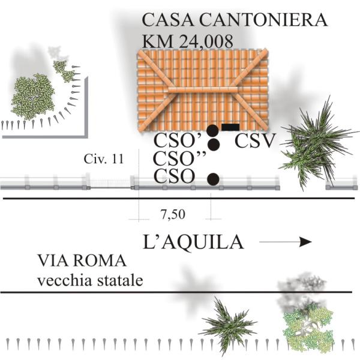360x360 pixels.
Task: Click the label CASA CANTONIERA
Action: pos(235,20)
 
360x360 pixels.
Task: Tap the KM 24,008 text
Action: pos(187,41)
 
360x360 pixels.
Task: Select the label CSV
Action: pos(254,142)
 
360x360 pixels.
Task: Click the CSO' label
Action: pos(177,142)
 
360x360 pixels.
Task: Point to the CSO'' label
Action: pos(180,160)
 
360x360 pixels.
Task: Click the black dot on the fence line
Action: pos(212,178)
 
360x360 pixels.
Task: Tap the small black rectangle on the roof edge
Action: pos(230,127)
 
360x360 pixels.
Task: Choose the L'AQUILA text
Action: pos(193,242)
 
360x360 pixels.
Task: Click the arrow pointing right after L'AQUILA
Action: pos(286,242)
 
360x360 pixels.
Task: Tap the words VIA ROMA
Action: pos(82,262)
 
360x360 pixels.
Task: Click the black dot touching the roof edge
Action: pos(212,130)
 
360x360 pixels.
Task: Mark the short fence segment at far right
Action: pos(343,187)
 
